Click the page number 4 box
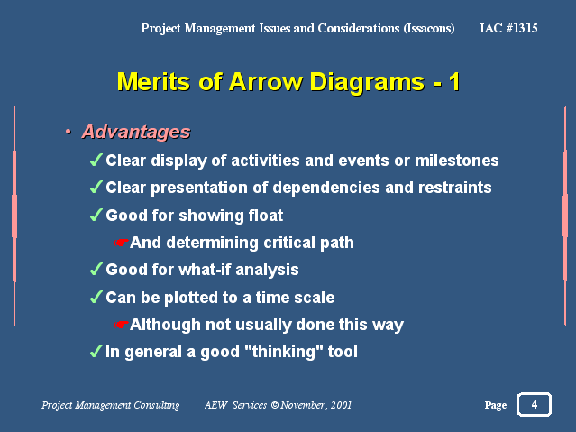click(x=534, y=404)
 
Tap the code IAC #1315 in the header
click(x=508, y=28)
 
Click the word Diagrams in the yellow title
click(x=367, y=82)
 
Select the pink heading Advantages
click(x=136, y=132)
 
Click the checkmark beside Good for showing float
click(x=96, y=215)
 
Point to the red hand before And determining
click(x=121, y=243)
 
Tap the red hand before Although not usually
click(x=121, y=325)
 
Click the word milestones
click(x=457, y=161)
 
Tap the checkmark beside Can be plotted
click(x=96, y=297)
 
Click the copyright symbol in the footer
click(x=275, y=405)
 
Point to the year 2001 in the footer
click(x=341, y=405)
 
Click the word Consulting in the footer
click(x=157, y=405)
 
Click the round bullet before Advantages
click(x=68, y=132)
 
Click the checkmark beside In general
click(x=96, y=351)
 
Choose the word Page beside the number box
click(x=496, y=405)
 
